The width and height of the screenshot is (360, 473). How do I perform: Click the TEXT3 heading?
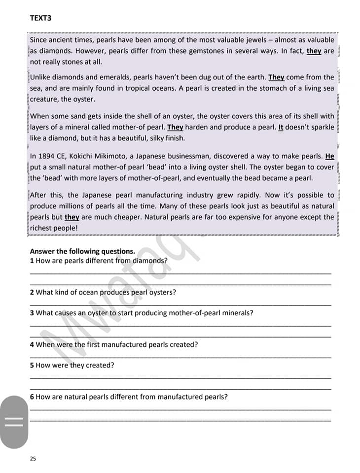40,18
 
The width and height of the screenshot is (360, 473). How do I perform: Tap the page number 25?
33,458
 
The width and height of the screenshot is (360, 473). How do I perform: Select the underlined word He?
330,156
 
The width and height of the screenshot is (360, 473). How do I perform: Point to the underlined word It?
281,127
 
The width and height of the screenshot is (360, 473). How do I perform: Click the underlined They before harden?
175,127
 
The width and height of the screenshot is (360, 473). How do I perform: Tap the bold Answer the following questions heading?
82,251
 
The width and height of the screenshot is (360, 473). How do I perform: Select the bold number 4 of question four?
32,344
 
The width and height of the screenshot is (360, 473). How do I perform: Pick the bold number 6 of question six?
32,397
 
